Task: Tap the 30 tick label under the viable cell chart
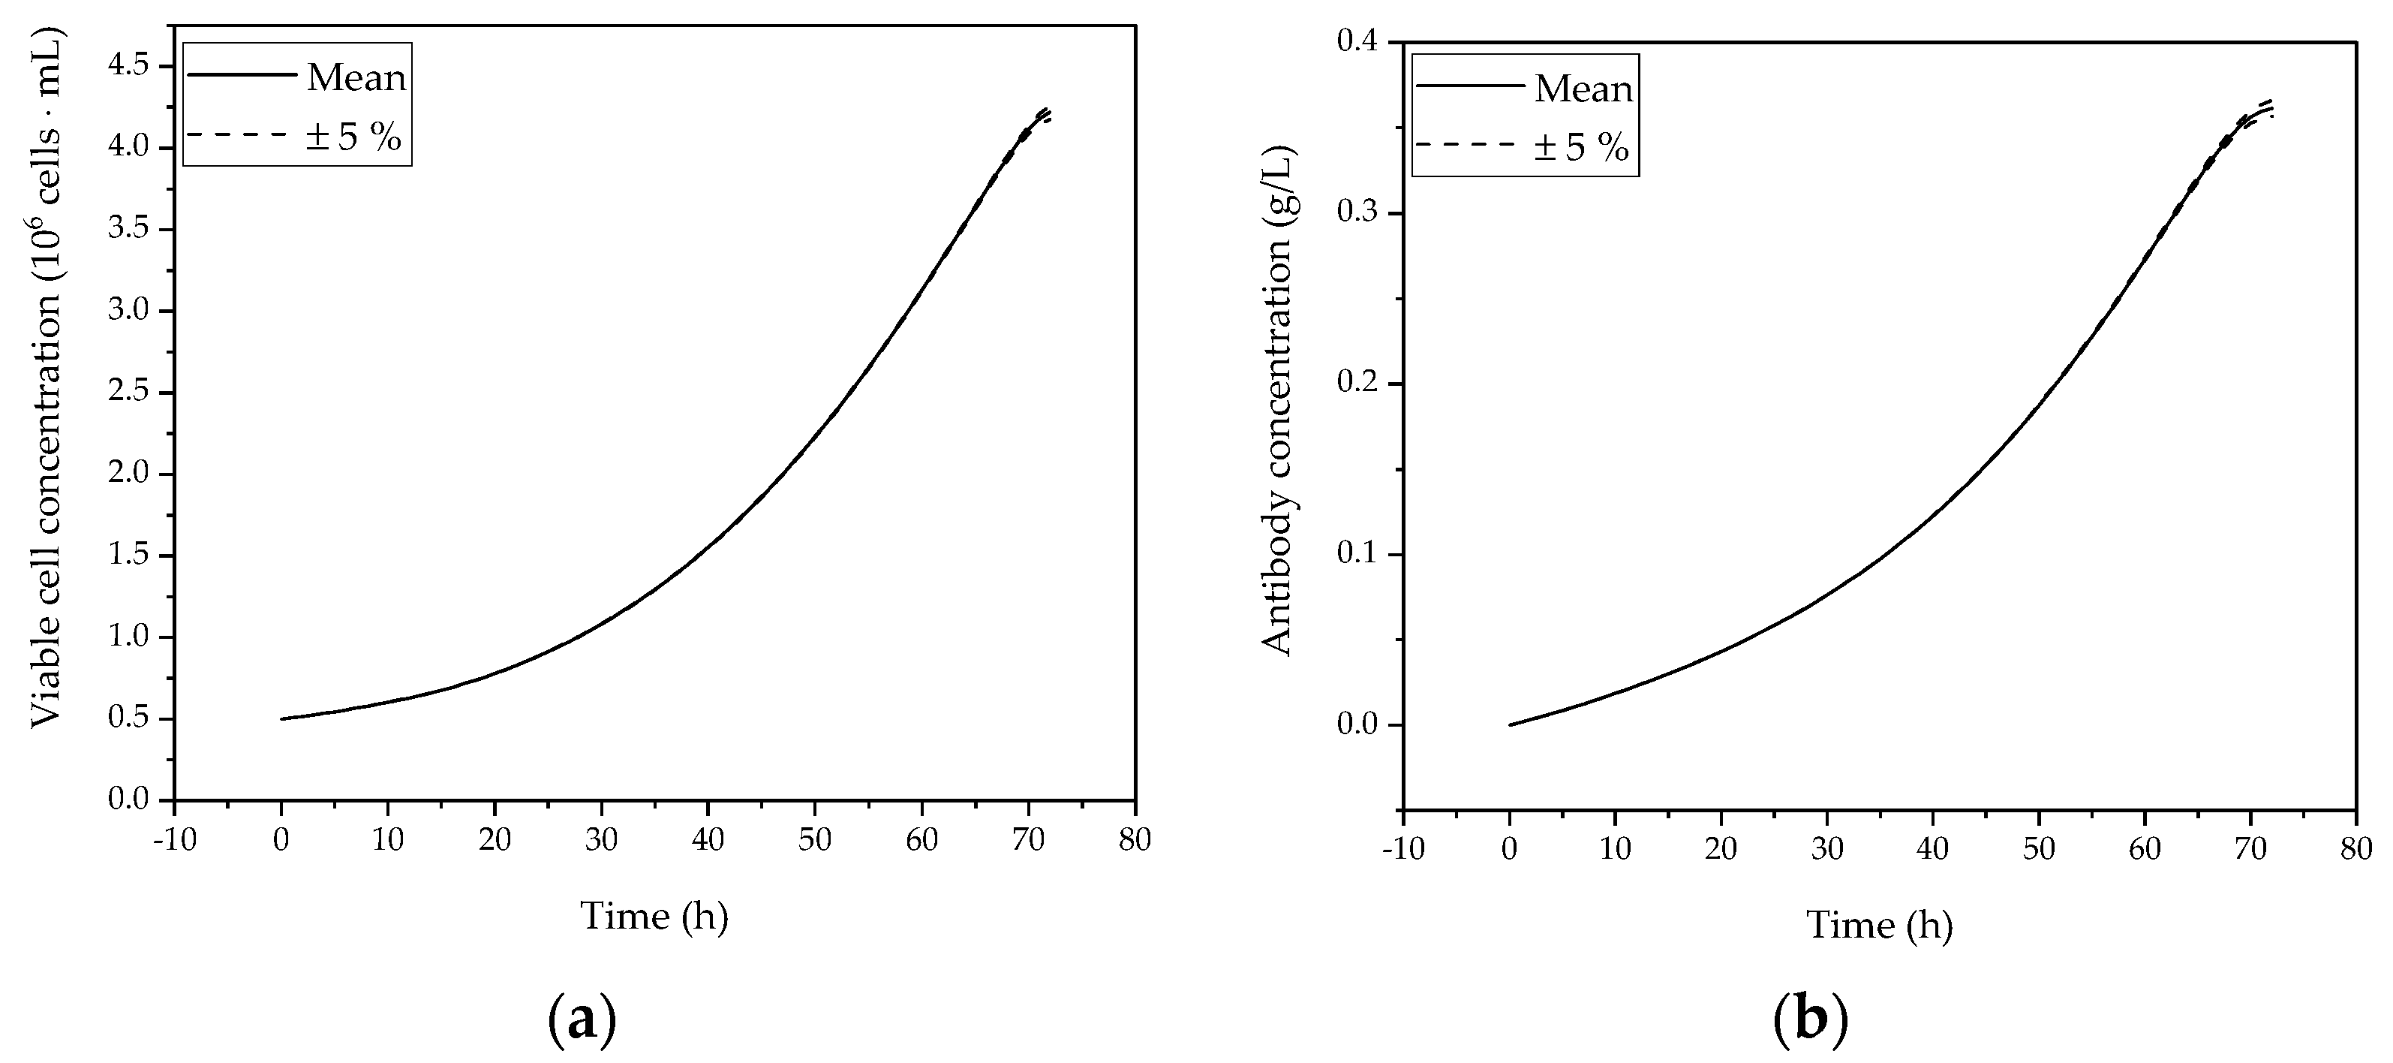[x=601, y=840]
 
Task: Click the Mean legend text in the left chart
[x=356, y=78]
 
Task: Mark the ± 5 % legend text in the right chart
[x=1582, y=148]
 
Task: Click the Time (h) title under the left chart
[x=654, y=916]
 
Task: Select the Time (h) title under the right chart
[x=1879, y=926]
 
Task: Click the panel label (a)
[x=582, y=1020]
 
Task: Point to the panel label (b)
[x=1811, y=1020]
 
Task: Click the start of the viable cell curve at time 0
[x=281, y=718]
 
